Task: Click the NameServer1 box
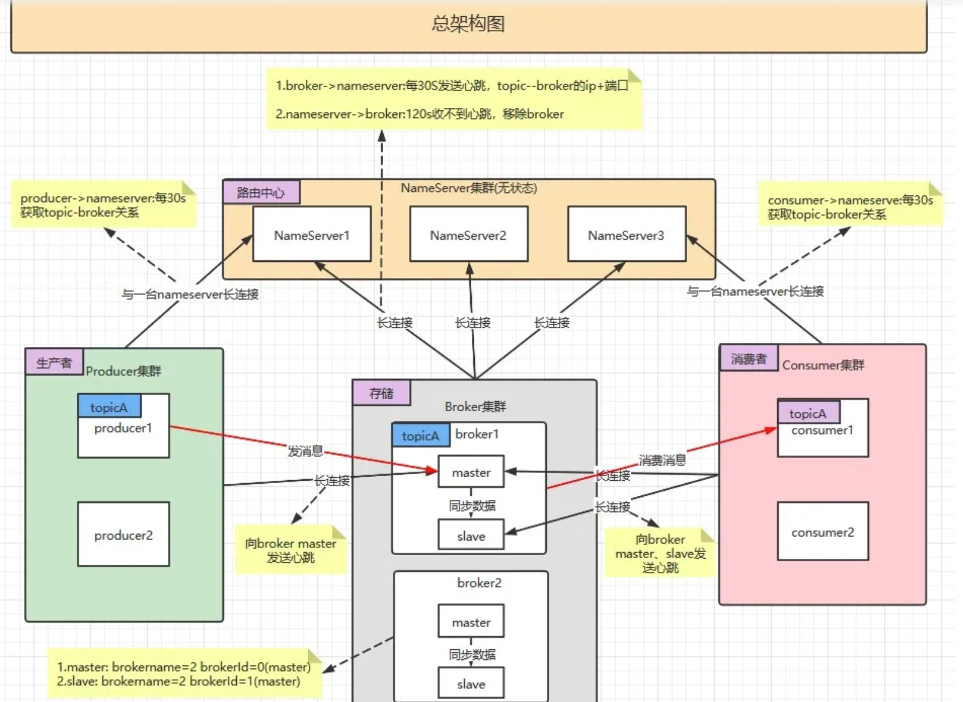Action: pos(312,234)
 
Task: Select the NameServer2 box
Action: pos(468,234)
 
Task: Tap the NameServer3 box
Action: pos(627,234)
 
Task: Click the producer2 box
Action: pos(124,534)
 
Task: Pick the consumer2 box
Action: pos(823,531)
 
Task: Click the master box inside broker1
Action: pos(471,472)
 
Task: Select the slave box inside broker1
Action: pos(471,534)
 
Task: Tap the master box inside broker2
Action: pos(471,620)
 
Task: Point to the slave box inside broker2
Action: pos(471,683)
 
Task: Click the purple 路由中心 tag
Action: pos(261,192)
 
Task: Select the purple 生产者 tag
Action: pos(54,362)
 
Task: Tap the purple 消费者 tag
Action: pos(749,358)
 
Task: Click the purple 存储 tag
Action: pos(382,393)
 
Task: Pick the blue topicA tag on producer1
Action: pos(109,406)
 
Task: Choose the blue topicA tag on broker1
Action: pos(421,435)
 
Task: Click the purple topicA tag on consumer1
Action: pos(808,412)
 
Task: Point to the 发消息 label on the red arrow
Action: pos(305,451)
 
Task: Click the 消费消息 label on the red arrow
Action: pos(662,460)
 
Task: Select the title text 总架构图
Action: pos(468,23)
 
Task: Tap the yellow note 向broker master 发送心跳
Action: pos(291,549)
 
